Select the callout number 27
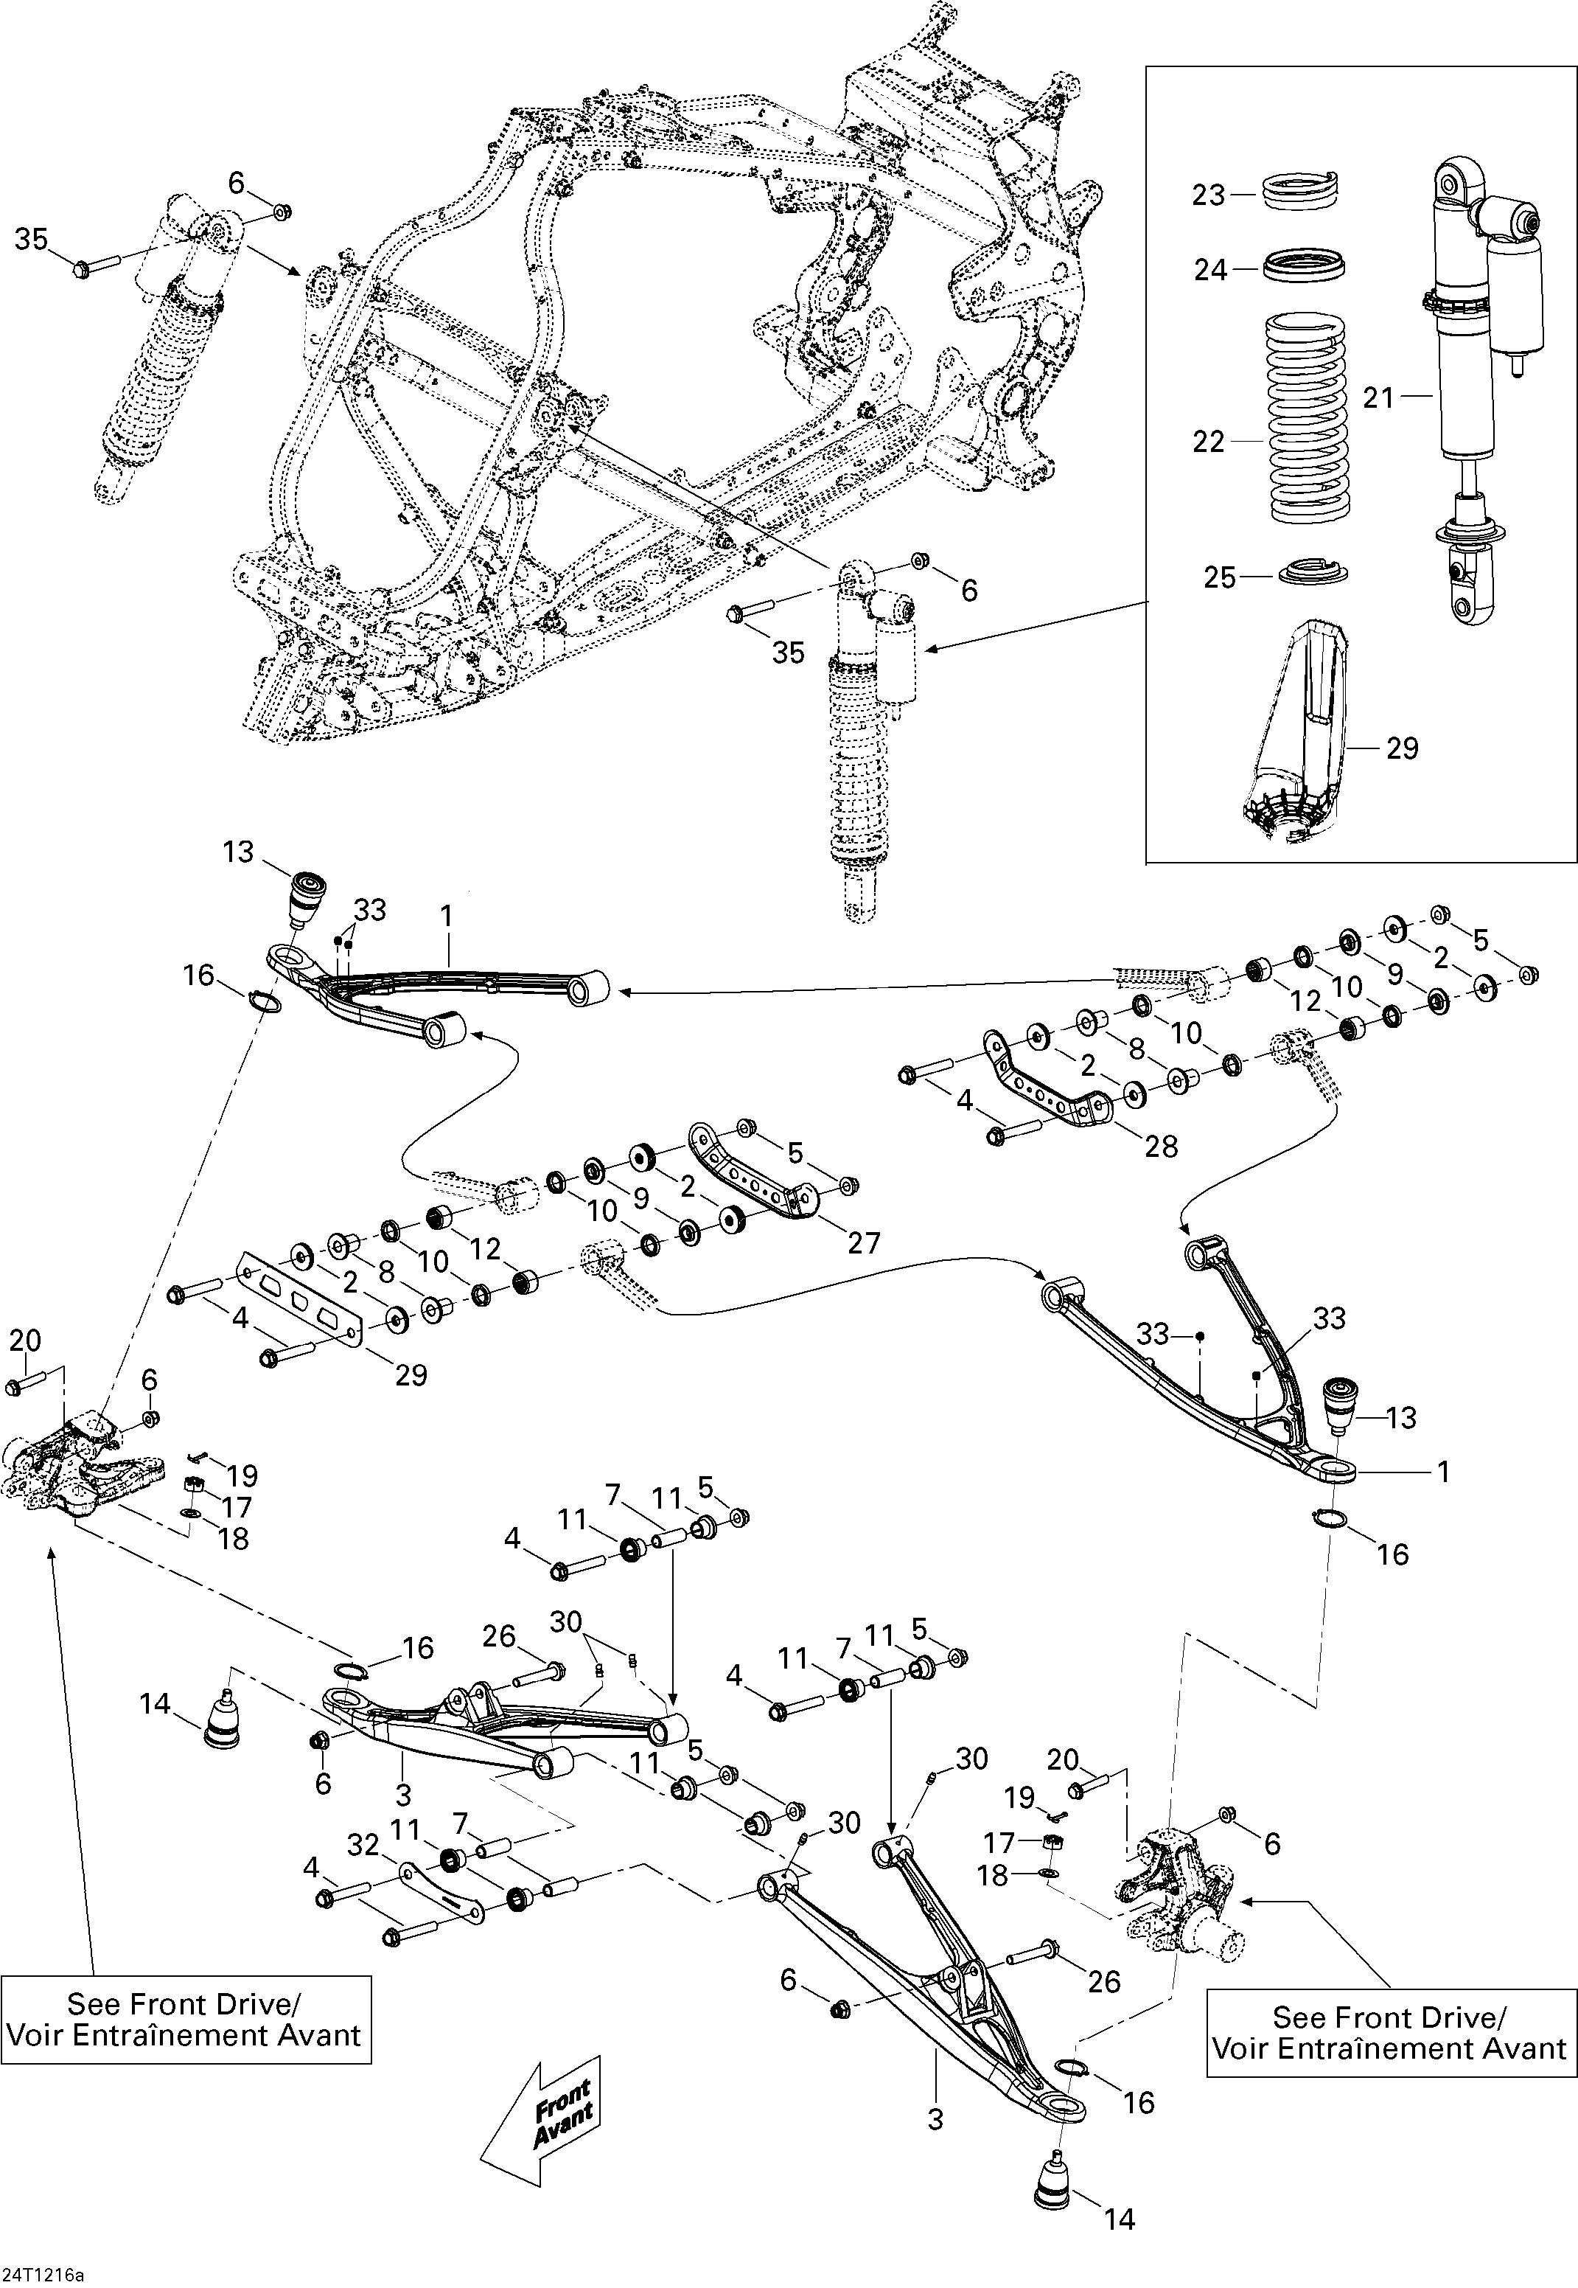click(863, 1242)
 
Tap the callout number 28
click(1161, 1146)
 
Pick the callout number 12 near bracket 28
click(1306, 1001)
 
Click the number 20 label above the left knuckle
click(25, 1341)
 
